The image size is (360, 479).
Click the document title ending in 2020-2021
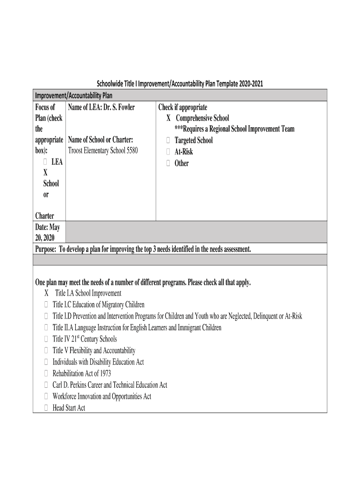(x=180, y=84)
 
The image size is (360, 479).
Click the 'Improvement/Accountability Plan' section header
(x=74, y=96)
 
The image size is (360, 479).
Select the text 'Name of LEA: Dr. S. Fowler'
(x=101, y=107)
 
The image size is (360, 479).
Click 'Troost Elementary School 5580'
(x=103, y=151)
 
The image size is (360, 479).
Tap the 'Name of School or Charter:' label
(x=101, y=140)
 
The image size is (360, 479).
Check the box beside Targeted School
(x=168, y=140)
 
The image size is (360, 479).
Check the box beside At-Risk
(x=168, y=152)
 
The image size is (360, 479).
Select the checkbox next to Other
(x=168, y=163)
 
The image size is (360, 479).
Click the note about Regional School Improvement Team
(x=234, y=129)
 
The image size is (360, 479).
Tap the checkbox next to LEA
(x=45, y=162)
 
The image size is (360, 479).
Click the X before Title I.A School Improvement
(x=47, y=293)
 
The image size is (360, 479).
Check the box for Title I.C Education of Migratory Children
(x=46, y=305)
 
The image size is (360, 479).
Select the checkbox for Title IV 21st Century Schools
(x=46, y=339)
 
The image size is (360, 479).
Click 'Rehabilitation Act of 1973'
(x=82, y=373)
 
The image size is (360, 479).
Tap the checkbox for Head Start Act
(x=46, y=408)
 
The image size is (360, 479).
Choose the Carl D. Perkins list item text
(x=109, y=385)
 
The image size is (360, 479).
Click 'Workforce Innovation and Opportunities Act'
(x=101, y=396)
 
